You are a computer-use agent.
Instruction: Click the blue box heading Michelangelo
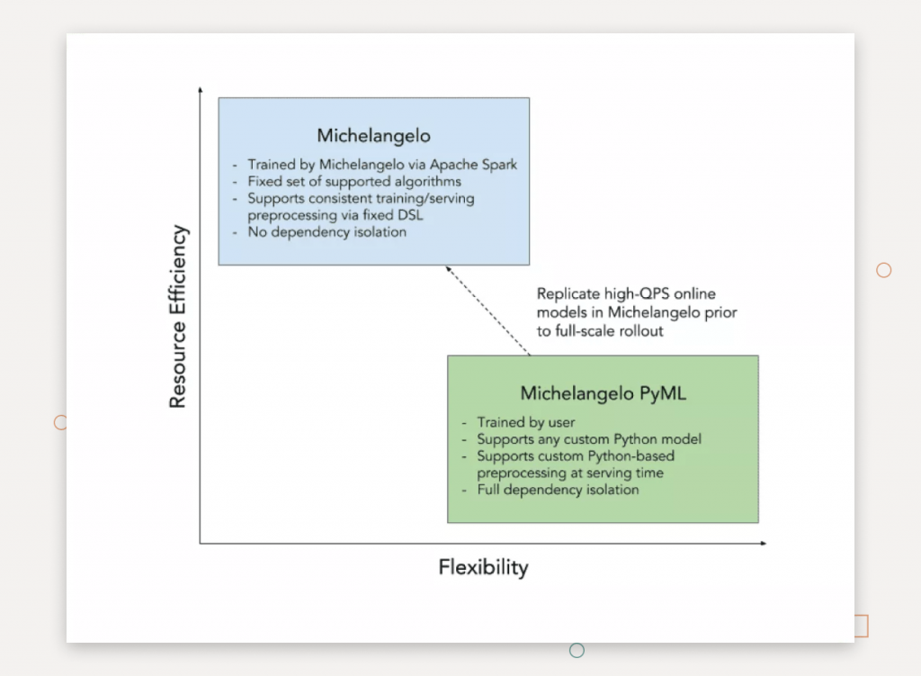tap(373, 136)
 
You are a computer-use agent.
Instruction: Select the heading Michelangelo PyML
tap(603, 393)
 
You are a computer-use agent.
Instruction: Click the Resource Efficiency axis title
tap(178, 317)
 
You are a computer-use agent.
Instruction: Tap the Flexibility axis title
tap(483, 567)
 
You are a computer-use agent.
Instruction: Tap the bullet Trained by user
tap(525, 422)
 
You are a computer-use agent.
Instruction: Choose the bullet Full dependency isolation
tap(558, 490)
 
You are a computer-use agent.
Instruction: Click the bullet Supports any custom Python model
tap(588, 439)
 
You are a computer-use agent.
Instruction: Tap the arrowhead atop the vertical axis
tap(200, 91)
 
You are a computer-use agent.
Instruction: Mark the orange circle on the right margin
tap(883, 270)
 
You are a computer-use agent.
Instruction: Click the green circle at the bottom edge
tap(577, 650)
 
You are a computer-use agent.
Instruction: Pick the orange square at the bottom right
tap(861, 626)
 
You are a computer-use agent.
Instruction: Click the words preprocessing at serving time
tap(569, 473)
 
